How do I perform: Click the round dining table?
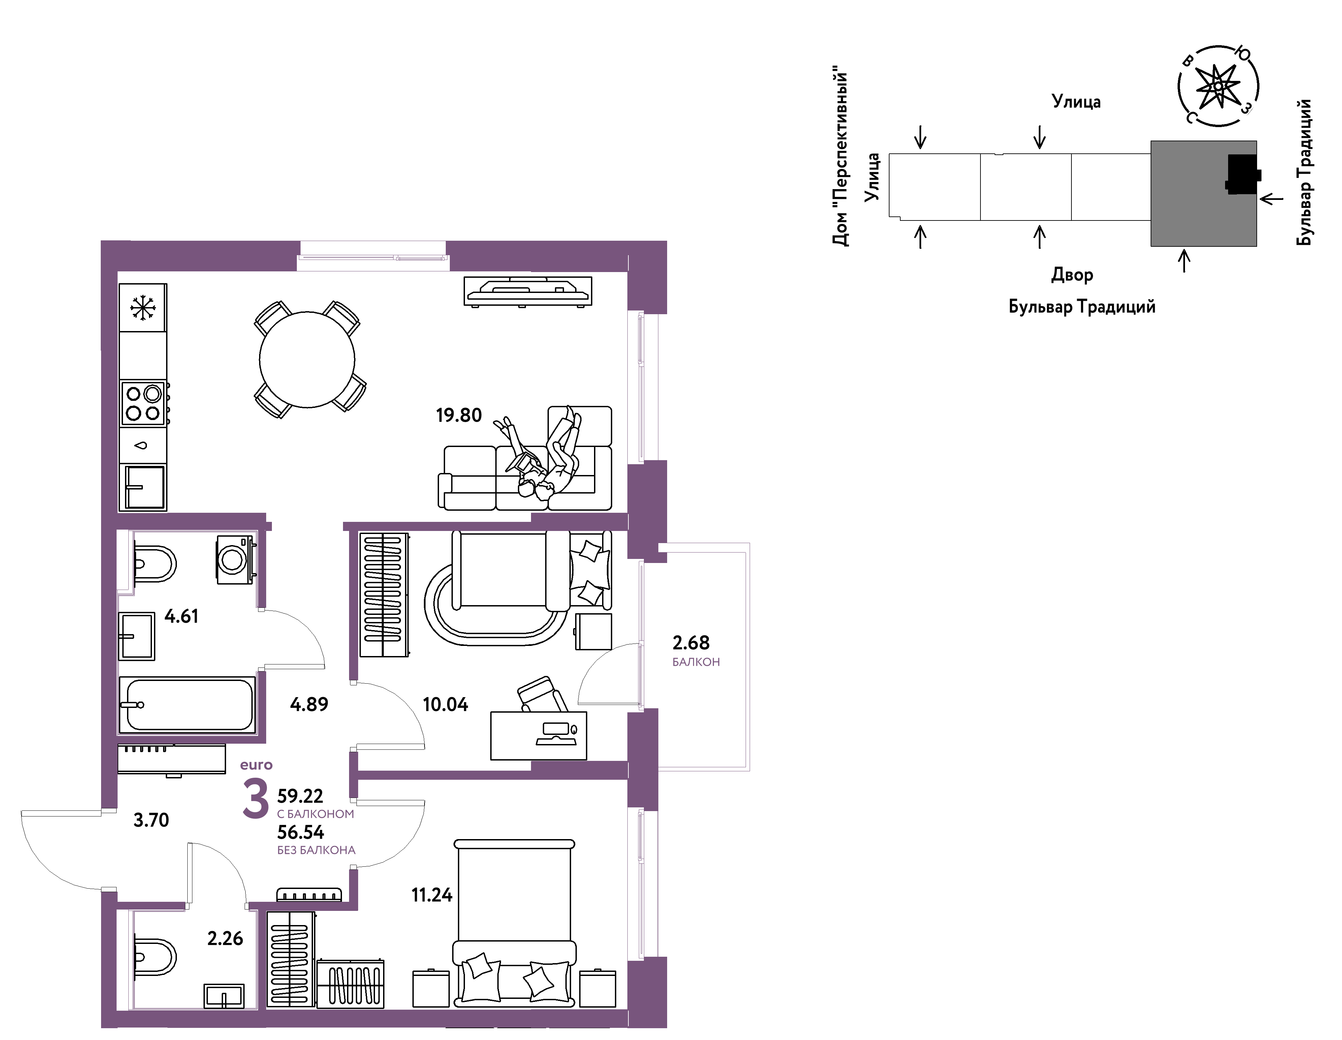coord(307,360)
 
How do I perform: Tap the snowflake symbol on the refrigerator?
coord(143,307)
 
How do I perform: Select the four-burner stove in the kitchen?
coord(144,403)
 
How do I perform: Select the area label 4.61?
coord(181,616)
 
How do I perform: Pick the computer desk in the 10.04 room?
coord(538,735)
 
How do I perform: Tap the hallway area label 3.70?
coord(151,820)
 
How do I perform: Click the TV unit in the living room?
coord(528,291)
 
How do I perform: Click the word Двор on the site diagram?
coord(1072,275)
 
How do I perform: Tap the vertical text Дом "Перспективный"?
coord(841,159)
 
